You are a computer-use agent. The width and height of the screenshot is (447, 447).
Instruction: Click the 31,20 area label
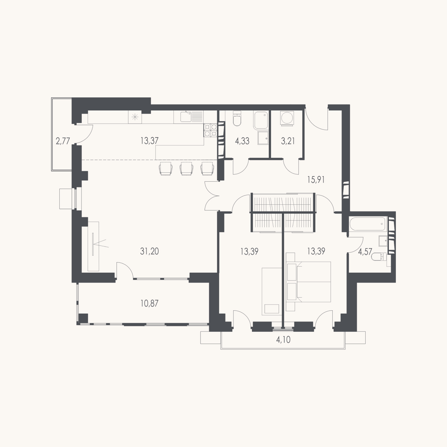click(149, 251)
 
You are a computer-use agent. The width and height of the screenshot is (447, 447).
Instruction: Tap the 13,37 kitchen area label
click(149, 141)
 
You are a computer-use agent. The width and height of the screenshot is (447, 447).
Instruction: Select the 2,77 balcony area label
click(63, 141)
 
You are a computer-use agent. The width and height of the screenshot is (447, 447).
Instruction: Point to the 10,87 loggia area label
click(149, 303)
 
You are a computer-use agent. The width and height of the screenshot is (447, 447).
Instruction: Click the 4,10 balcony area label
click(283, 340)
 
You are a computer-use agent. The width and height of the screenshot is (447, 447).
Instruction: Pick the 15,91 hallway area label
click(316, 180)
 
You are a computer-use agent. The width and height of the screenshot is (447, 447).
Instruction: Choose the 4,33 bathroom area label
click(242, 141)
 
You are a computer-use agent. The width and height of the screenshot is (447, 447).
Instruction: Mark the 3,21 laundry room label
click(288, 141)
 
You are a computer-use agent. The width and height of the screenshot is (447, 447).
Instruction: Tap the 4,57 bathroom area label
click(365, 252)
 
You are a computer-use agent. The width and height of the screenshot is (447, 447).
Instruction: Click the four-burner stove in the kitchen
click(210, 130)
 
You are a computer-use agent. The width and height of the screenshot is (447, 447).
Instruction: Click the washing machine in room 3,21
click(287, 118)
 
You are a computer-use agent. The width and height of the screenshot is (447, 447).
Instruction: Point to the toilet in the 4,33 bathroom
click(237, 118)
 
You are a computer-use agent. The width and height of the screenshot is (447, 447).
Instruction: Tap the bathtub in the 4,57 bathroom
click(367, 224)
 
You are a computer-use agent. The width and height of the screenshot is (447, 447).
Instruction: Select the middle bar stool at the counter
click(187, 169)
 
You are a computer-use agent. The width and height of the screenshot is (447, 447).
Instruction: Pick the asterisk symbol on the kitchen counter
click(135, 117)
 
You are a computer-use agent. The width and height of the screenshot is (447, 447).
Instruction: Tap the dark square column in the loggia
click(84, 318)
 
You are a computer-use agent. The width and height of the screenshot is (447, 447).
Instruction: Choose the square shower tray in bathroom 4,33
click(263, 138)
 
